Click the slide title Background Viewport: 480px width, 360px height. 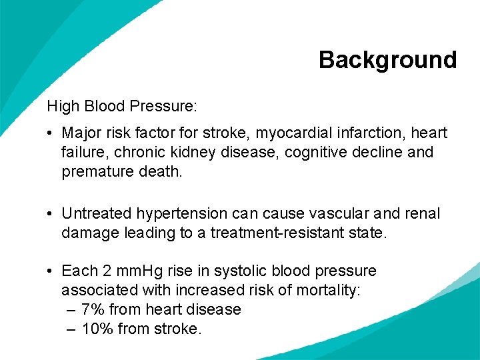click(x=387, y=60)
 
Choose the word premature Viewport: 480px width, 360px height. click(x=95, y=171)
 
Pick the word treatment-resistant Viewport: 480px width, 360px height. click(x=290, y=233)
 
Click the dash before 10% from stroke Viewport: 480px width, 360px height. click(x=72, y=329)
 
